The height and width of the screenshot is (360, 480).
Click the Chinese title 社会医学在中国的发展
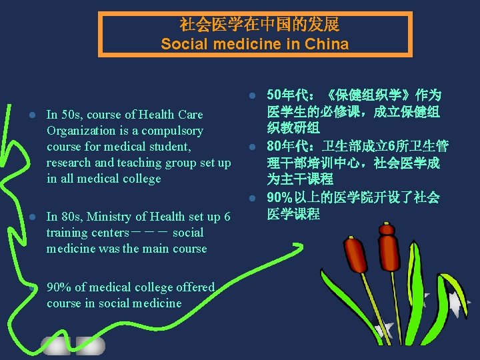(259, 25)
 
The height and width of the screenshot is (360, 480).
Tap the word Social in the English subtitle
(182, 45)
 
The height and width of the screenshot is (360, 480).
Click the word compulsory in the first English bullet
(171, 131)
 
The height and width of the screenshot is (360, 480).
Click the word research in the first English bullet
(69, 163)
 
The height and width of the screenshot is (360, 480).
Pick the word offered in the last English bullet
(195, 287)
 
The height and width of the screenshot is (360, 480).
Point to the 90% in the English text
(59, 287)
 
